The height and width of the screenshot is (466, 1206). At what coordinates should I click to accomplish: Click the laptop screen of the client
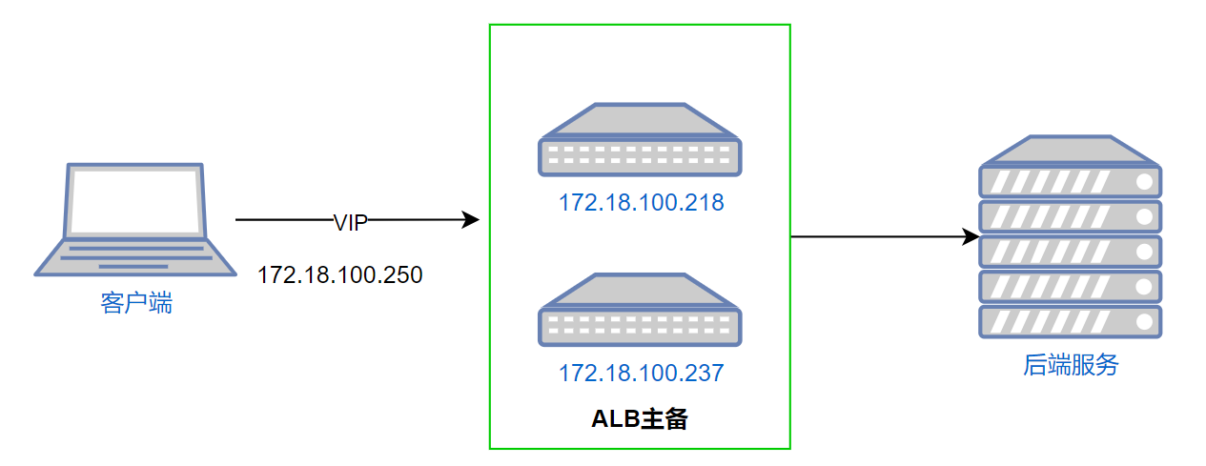tap(135, 201)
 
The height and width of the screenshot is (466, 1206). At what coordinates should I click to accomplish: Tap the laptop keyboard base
tap(135, 257)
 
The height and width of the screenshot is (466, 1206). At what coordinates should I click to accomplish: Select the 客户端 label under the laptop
tap(136, 302)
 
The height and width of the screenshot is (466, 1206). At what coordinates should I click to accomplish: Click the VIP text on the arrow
tap(351, 222)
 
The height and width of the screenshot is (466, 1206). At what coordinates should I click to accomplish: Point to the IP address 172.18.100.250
tap(339, 275)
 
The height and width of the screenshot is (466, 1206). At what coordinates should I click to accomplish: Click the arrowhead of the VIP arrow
tap(471, 219)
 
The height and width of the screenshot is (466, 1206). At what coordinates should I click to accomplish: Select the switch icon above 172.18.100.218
tap(640, 139)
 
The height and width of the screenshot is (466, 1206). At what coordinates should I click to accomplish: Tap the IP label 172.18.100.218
tap(642, 202)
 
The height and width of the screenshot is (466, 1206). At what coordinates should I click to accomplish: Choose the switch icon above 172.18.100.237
tap(640, 310)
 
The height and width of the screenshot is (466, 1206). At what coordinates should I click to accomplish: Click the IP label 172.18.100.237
tap(642, 373)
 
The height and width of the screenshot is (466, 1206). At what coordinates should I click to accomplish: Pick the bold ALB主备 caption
tap(640, 418)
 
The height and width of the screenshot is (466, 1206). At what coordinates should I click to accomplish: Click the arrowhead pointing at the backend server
tap(971, 236)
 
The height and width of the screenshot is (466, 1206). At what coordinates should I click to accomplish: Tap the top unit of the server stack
tap(1071, 181)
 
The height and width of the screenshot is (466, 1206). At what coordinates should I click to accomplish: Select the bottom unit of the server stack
tap(1071, 322)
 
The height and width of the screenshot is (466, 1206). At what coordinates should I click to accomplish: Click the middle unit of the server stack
tap(1071, 252)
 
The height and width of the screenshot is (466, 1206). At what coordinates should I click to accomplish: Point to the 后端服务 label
tap(1071, 365)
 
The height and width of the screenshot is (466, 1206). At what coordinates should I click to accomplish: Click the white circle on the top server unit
tap(1144, 181)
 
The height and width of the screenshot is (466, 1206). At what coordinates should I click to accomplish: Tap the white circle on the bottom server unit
tap(1144, 322)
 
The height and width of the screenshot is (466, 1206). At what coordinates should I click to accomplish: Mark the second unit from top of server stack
tap(1071, 216)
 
